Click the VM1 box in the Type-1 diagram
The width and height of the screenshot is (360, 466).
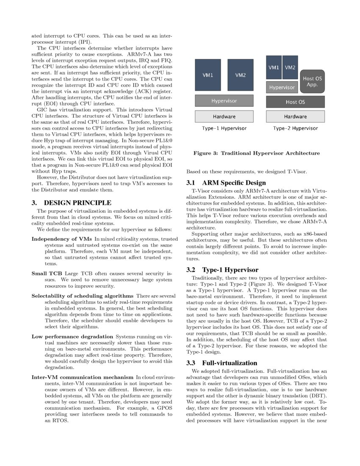208,75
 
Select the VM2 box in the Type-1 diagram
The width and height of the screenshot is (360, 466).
241,75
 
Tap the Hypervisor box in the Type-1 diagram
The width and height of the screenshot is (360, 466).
224,101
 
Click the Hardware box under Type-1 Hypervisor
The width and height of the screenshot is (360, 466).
224,116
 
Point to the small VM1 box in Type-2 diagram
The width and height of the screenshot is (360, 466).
274,67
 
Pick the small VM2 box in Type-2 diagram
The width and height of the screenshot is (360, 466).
290,67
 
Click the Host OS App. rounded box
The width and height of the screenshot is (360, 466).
312,81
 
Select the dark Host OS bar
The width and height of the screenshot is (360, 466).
295,102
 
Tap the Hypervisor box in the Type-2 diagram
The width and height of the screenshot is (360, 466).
282,87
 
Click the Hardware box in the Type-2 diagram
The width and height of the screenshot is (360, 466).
295,116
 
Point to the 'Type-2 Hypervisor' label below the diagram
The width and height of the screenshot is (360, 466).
295,128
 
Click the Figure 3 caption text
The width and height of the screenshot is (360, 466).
256,153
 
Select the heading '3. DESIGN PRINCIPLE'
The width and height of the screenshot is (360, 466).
65,202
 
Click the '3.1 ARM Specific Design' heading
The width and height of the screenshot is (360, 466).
226,183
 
